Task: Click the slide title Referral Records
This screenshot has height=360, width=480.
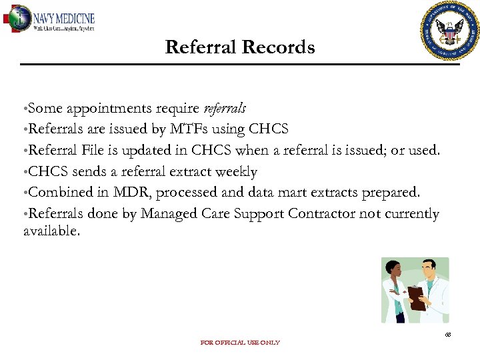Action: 240,47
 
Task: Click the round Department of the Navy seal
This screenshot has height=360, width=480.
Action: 450,31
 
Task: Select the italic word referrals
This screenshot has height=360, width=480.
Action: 225,108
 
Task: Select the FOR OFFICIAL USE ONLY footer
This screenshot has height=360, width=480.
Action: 240,343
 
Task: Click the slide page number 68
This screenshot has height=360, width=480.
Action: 448,335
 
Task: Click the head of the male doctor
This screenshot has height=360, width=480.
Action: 428,270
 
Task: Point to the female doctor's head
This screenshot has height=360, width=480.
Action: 395,270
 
